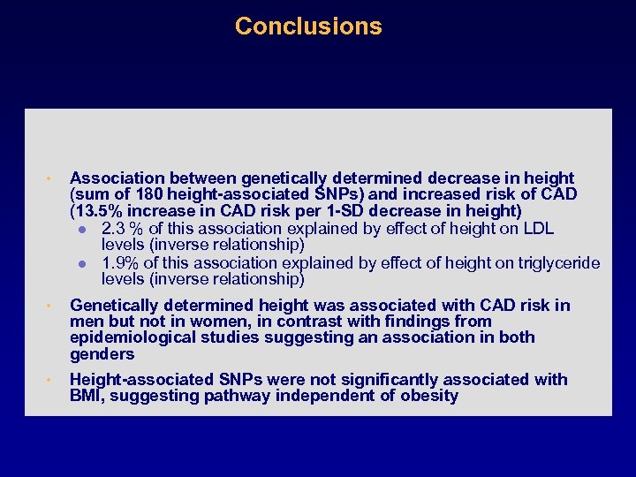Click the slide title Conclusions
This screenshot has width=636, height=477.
pos(308,26)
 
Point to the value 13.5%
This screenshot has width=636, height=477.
pos(95,211)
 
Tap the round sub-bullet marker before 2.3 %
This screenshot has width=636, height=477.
pos(81,230)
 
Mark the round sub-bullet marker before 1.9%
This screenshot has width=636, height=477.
pos(81,264)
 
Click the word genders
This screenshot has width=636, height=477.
pos(102,354)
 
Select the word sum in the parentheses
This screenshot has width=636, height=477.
pos(90,194)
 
